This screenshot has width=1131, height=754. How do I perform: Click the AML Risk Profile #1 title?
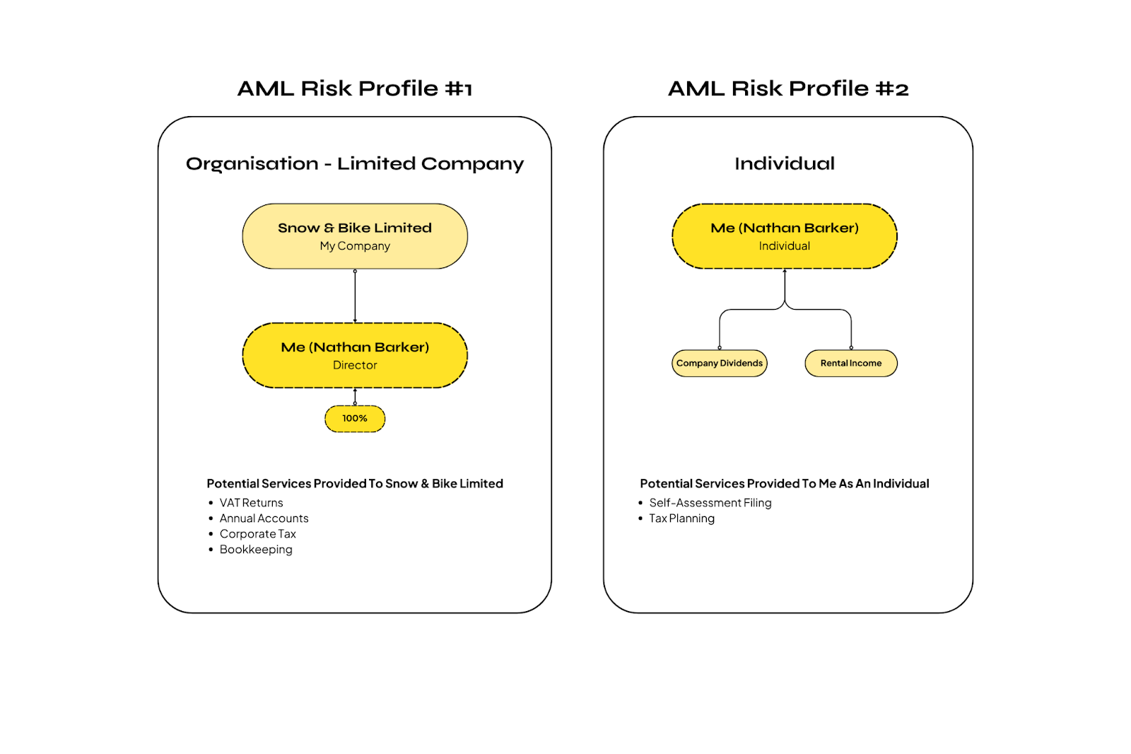(354, 88)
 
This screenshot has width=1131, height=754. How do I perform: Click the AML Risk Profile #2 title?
(787, 88)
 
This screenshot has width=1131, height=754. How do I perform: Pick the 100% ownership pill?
(355, 419)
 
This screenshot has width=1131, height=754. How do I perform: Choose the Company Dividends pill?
(719, 364)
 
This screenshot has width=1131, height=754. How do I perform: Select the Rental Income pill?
(850, 364)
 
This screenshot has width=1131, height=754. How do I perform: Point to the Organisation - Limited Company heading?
(354, 164)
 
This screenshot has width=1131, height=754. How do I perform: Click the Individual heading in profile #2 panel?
(784, 164)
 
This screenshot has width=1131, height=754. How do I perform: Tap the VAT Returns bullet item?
(251, 503)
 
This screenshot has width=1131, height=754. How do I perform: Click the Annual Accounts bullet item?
(264, 518)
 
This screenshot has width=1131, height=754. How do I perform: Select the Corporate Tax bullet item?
(257, 534)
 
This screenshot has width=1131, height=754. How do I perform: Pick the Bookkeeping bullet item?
(256, 550)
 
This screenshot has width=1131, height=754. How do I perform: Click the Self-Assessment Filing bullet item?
(710, 503)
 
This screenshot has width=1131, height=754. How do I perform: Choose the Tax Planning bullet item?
(681, 518)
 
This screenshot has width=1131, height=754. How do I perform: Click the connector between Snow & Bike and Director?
(355, 296)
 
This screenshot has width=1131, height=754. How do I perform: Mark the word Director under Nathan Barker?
(355, 366)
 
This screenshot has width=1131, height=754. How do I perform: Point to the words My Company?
(355, 246)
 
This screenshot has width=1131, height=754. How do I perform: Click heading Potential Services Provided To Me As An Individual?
(784, 484)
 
